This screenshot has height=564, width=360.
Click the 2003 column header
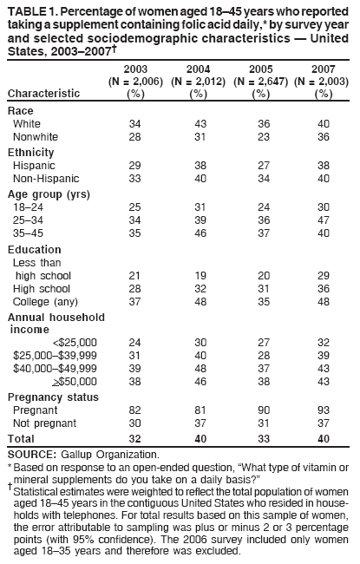[x=134, y=68]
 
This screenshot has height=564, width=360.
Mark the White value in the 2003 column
[x=134, y=124]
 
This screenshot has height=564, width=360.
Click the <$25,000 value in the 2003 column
[x=134, y=341]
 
